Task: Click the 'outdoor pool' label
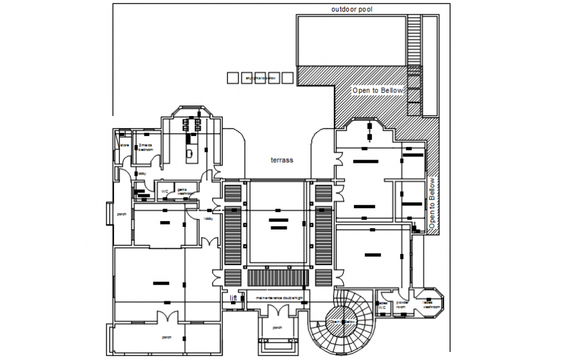coord(351,10)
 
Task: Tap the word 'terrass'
coord(281,159)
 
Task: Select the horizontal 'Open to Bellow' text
coord(378,91)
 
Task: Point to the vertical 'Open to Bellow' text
coord(432,204)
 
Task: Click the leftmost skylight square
coord(233,78)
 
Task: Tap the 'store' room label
coord(124,146)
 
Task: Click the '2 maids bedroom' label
coord(145,147)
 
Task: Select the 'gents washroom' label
coord(186,191)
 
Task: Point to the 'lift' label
coord(234,298)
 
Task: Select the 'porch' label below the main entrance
coord(277,328)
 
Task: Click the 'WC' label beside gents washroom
coord(165,192)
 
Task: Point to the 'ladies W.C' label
coord(382,304)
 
